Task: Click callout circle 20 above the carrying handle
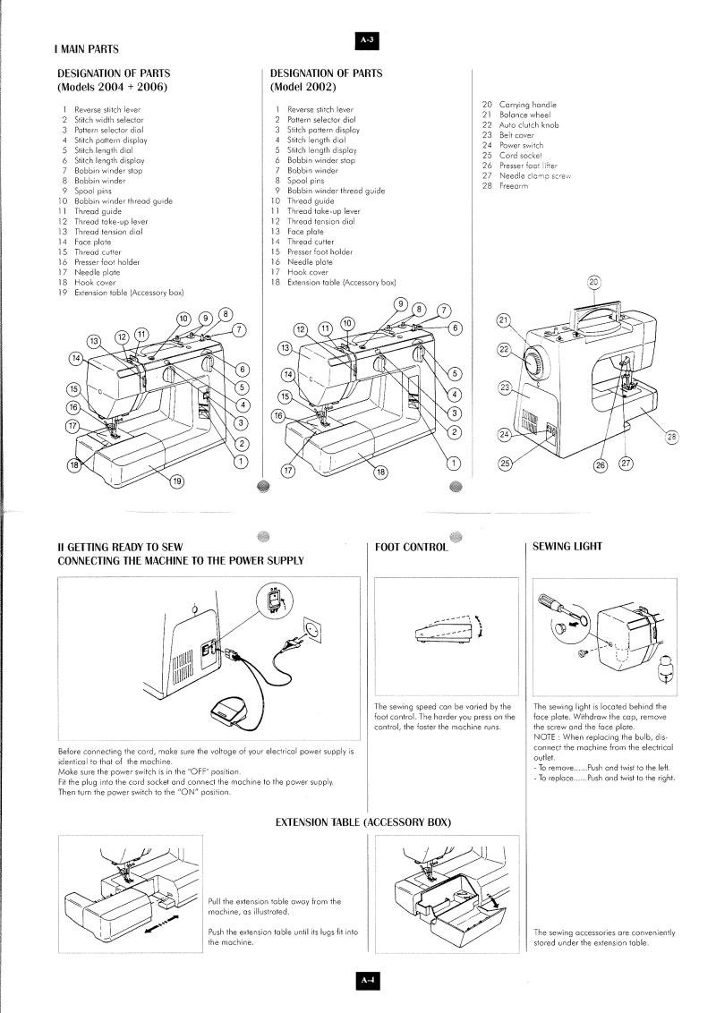pyautogui.click(x=595, y=283)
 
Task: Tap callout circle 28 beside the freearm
pyautogui.click(x=672, y=437)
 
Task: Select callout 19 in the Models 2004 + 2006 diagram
pyautogui.click(x=176, y=481)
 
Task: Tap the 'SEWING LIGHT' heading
pyautogui.click(x=567, y=547)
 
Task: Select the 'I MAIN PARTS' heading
pyautogui.click(x=89, y=48)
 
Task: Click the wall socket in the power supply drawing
pyautogui.click(x=313, y=634)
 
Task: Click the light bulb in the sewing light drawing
pyautogui.click(x=665, y=670)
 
